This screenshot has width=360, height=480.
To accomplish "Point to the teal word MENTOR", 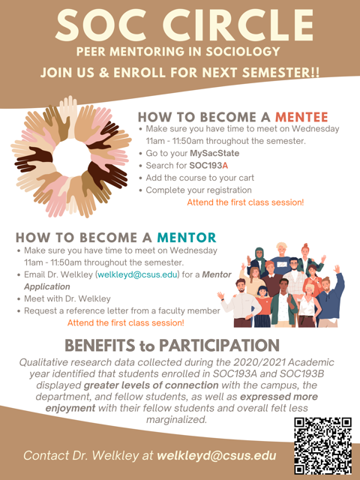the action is tap(187, 238).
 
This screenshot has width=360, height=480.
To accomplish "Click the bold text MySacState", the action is tap(214, 153).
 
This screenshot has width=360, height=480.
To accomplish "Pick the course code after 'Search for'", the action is tap(208, 166).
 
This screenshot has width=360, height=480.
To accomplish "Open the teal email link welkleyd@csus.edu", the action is tap(137, 274).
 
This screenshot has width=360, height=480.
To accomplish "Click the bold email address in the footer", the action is tap(217, 455).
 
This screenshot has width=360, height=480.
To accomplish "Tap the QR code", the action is tap(323, 445).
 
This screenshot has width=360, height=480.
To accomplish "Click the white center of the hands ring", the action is tap(72, 158).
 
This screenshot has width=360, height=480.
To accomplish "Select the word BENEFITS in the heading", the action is tap(100, 345).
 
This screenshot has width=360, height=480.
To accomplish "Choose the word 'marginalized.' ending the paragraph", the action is tap(177, 419).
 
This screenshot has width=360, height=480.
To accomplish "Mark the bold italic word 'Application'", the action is tap(47, 286).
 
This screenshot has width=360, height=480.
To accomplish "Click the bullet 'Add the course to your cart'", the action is tap(200, 178).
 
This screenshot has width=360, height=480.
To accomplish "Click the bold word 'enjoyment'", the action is tap(70, 408).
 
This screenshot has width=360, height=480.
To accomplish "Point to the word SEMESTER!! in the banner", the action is tap(280, 73).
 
